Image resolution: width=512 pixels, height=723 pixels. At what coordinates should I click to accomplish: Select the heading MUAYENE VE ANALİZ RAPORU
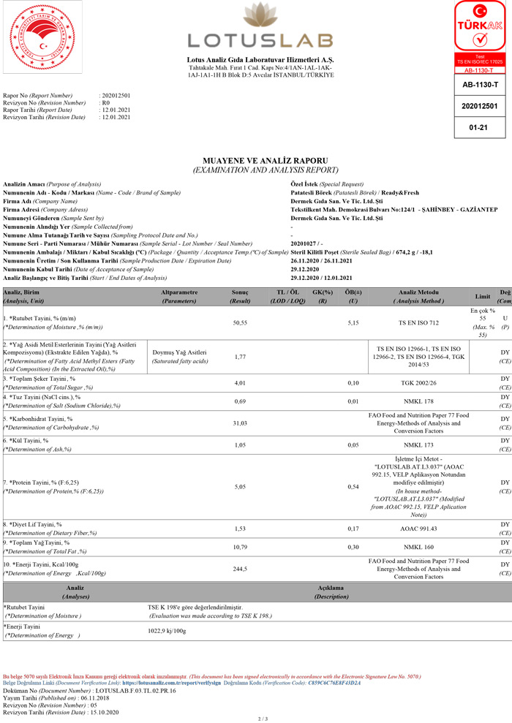(x=264, y=160)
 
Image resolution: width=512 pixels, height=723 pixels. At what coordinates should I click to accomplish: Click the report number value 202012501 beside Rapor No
(x=115, y=96)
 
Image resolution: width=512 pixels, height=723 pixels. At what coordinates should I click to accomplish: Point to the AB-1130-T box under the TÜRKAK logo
(x=480, y=86)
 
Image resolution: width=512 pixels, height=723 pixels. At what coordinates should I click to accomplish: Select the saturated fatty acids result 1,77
(x=240, y=357)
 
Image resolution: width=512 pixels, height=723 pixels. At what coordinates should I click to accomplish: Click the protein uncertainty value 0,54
(x=353, y=483)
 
